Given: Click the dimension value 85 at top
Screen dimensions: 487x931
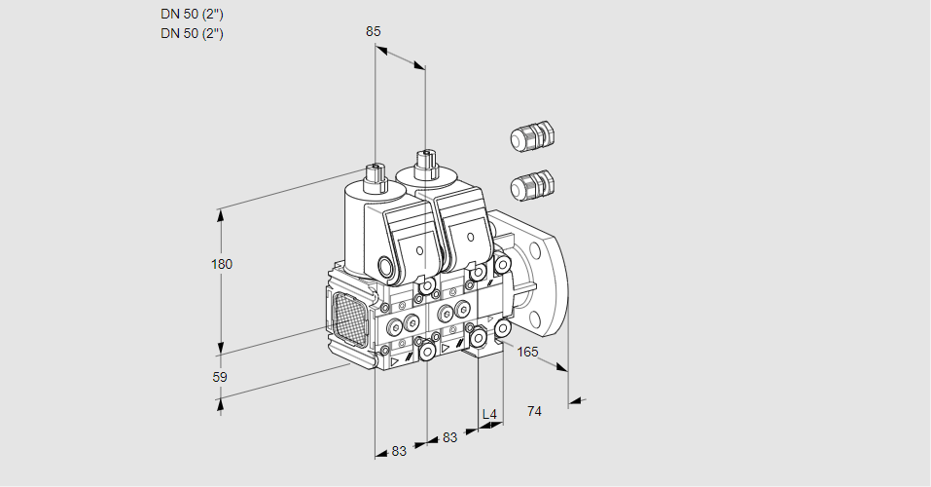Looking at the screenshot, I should point(374,31).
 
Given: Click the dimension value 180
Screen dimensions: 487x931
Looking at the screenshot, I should point(223,264).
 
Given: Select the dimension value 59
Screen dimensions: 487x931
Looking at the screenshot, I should point(220,377).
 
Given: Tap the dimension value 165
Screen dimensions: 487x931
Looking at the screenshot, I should point(527,352).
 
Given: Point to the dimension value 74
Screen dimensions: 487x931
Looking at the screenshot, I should point(534,411).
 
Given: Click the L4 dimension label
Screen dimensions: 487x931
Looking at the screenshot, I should point(489,415).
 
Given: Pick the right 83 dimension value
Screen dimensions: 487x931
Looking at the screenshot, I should point(449,438).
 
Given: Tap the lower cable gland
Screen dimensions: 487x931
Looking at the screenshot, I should point(531,183).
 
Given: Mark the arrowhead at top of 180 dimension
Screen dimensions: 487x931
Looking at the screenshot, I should point(222,213).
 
